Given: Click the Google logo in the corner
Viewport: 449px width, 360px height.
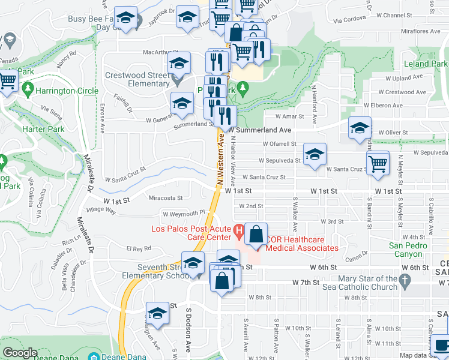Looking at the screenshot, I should [x=20, y=353].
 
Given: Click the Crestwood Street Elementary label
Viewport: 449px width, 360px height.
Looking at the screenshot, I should [x=137, y=80].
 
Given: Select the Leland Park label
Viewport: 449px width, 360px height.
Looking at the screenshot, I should [x=425, y=64].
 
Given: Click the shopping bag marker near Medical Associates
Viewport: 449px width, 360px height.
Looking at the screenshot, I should [x=256, y=233].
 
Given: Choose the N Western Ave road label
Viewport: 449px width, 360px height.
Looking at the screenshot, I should [x=220, y=158].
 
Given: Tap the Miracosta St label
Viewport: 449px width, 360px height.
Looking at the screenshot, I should [x=165, y=197].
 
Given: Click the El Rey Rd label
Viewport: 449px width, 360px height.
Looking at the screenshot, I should [x=138, y=248].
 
